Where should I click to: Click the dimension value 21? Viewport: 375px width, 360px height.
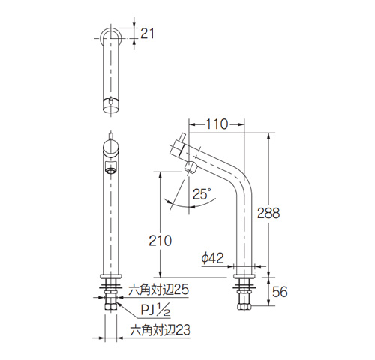[147, 34]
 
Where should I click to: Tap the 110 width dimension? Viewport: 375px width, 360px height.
[217, 124]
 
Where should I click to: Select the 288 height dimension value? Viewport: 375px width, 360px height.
[268, 213]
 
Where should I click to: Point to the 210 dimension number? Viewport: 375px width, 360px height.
[160, 241]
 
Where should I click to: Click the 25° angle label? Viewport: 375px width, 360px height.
[202, 193]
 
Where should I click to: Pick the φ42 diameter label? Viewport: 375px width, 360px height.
[212, 258]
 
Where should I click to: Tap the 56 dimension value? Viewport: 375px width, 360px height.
[280, 292]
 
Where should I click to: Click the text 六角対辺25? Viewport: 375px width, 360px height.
[158, 289]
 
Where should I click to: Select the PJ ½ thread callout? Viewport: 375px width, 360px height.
[155, 310]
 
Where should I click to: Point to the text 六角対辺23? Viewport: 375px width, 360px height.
[160, 330]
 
